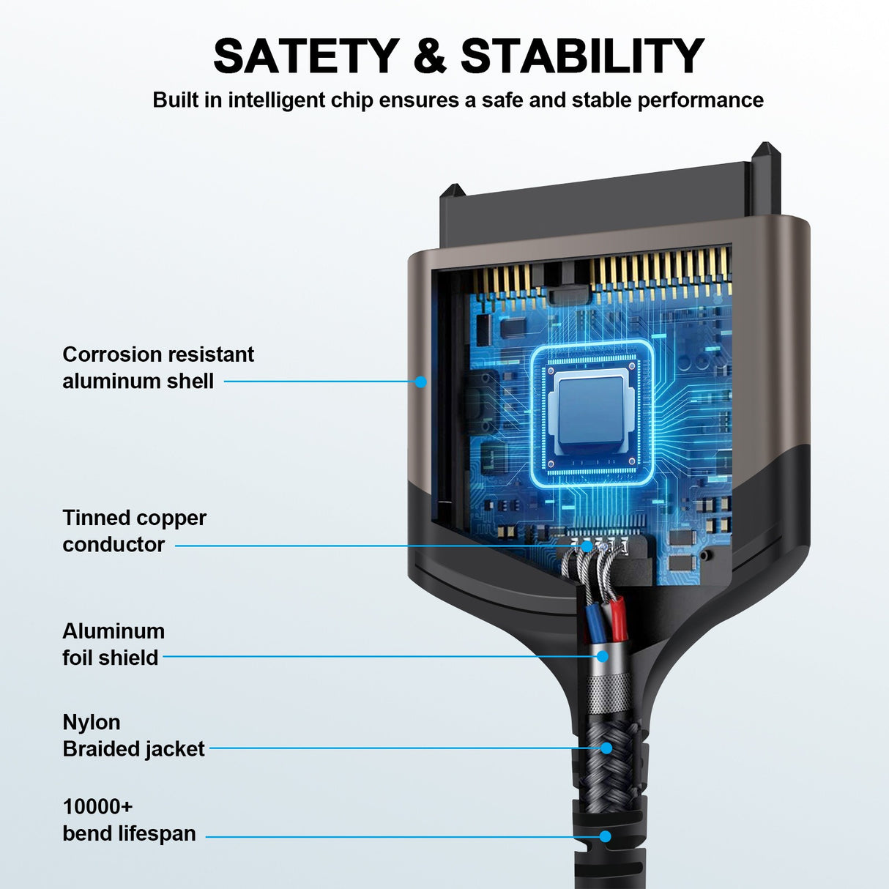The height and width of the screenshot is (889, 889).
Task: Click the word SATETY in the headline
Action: tap(306, 56)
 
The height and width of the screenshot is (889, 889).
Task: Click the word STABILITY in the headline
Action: tap(582, 56)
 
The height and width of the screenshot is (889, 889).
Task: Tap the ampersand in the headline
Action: tap(430, 56)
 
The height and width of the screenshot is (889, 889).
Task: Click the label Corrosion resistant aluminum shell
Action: tap(157, 368)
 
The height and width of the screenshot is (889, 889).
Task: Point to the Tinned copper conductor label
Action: tap(134, 531)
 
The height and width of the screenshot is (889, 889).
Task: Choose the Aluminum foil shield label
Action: tap(114, 644)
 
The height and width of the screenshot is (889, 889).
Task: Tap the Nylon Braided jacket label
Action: tap(133, 735)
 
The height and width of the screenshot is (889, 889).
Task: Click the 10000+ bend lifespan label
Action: tap(129, 820)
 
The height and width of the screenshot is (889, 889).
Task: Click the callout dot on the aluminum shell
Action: tap(420, 381)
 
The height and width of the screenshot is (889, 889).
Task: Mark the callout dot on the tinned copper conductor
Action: tap(587, 546)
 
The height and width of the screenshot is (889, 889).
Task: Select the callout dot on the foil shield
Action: tap(602, 656)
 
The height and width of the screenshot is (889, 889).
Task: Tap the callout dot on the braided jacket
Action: tap(606, 748)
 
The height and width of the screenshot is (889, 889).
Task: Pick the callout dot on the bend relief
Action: tap(605, 836)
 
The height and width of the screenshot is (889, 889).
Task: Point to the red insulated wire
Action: tap(619, 615)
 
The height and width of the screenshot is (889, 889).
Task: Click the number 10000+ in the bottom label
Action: tap(97, 807)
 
